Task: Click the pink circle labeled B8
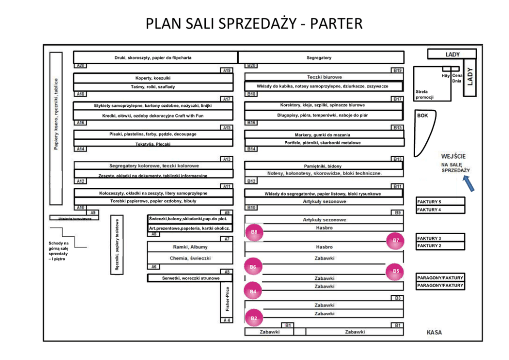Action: coord(254,232)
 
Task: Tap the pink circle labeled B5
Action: coord(395,271)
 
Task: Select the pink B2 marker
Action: coord(253,318)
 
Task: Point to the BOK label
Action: coord(422,116)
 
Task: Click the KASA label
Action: coord(434,332)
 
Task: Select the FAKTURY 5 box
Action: coord(440,202)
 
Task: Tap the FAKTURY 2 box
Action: coord(440,245)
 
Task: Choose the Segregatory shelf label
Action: coord(319,58)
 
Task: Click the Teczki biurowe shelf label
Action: coord(324,77)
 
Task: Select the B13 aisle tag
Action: coord(397,159)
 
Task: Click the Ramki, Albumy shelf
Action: coord(190,247)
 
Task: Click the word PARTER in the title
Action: coord(336,24)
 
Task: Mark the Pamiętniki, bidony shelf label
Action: coord(322,166)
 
